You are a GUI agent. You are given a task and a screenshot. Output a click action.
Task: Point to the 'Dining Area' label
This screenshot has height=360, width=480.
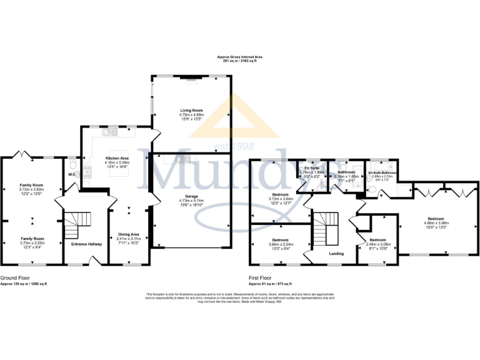pyautogui.click(x=129, y=234)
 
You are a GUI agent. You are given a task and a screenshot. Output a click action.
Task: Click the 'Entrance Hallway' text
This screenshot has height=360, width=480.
pyautogui.click(x=86, y=244)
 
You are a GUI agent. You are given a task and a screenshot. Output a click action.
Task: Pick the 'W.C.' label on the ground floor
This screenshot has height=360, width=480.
pyautogui.click(x=71, y=175)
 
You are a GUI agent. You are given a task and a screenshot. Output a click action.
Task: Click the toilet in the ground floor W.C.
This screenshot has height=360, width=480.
pyautogui.click(x=73, y=164)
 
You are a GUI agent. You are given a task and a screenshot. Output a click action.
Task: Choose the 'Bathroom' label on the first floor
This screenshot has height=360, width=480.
pyautogui.click(x=346, y=172)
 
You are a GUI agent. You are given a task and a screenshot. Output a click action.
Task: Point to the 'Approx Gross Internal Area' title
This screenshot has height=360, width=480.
pyautogui.click(x=240, y=56)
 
